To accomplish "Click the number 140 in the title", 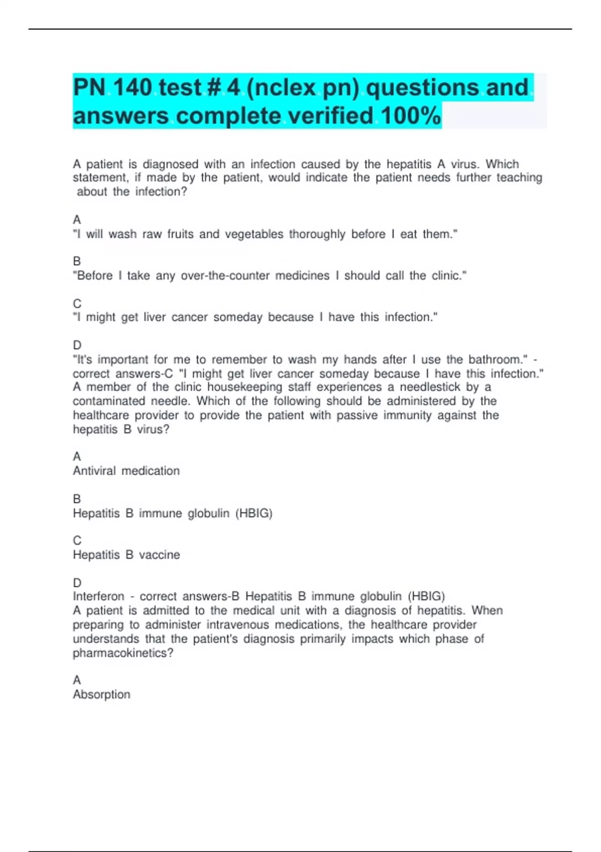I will [133, 88].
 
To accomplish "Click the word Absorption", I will [101, 695].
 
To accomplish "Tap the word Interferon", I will [99, 596].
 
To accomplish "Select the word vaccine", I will [159, 555].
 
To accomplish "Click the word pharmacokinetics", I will [123, 653].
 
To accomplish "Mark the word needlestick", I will [430, 387].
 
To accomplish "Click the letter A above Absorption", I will [77, 680].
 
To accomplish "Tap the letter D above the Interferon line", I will [77, 583].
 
